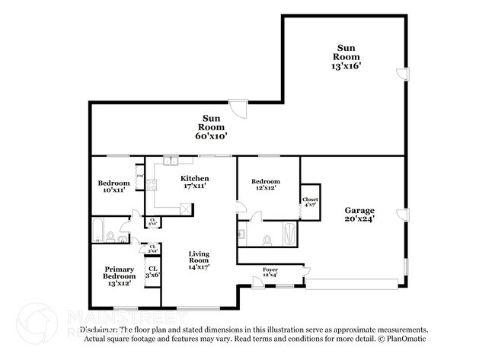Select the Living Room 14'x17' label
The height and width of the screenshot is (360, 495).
[199, 260]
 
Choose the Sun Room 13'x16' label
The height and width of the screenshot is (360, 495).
[346, 56]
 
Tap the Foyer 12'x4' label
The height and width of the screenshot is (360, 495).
[270, 272]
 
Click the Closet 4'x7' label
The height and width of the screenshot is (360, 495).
[311, 202]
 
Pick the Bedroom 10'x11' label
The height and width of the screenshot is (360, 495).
[113, 186]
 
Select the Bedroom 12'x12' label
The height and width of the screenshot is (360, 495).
[266, 185]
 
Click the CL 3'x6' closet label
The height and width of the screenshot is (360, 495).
[152, 271]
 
